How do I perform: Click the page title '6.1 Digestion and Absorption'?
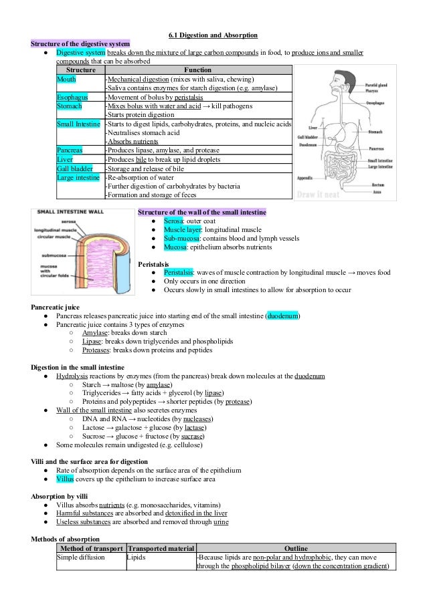213,35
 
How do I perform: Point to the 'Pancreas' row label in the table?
70,150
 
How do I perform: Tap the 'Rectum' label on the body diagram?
378,185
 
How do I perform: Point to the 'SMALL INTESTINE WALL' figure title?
69,212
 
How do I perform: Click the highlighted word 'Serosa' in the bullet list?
175,221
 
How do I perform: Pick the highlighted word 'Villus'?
66,479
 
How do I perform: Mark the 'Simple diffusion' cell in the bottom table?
81,556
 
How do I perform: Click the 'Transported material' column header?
161,548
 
